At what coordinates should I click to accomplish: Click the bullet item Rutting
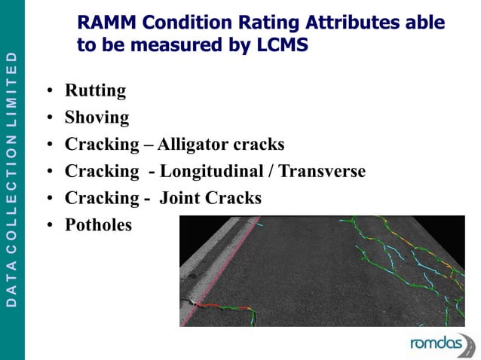pyautogui.click(x=95, y=91)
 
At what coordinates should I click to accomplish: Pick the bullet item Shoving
pyautogui.click(x=97, y=118)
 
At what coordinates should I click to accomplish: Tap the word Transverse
pyautogui.click(x=322, y=172)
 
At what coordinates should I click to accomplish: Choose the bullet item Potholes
pyautogui.click(x=98, y=225)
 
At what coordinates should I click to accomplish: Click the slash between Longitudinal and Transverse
pyautogui.click(x=270, y=172)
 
